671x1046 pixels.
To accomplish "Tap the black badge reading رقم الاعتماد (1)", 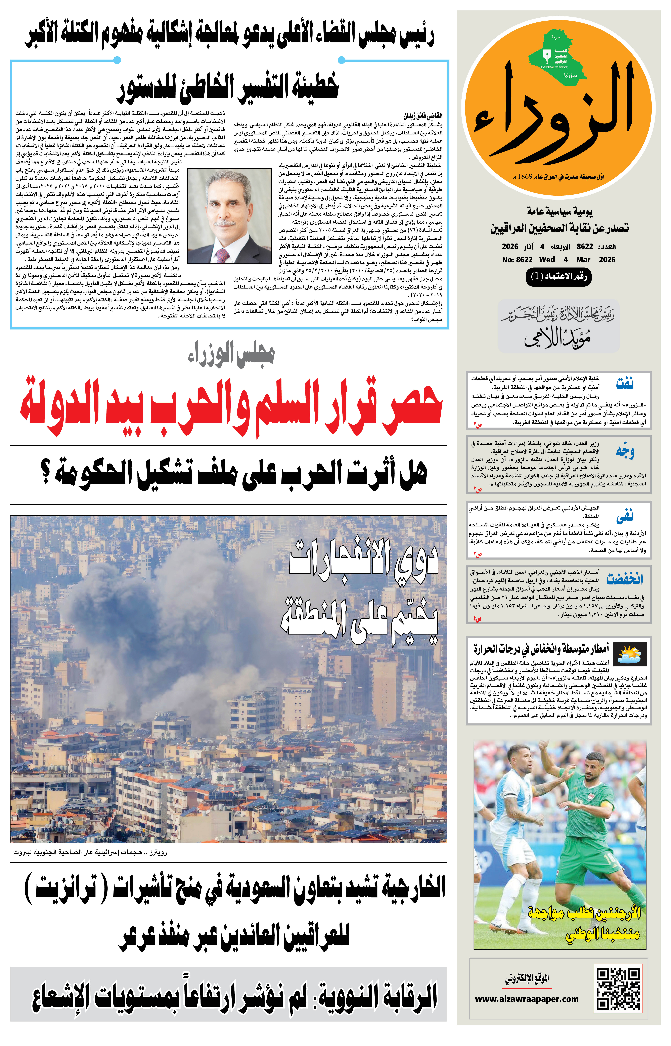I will point(559,277).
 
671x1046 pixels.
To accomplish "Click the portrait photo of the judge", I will point(229,216).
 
